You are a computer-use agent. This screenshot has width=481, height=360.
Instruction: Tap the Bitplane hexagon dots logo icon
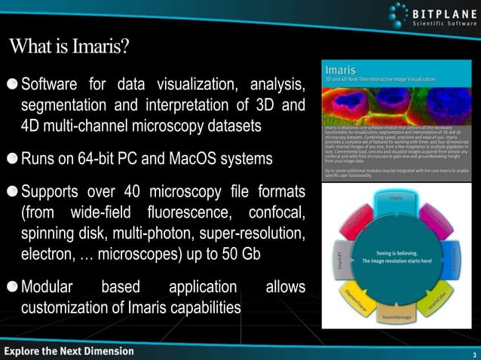[400, 14]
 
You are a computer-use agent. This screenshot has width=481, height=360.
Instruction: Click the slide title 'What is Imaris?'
[69, 47]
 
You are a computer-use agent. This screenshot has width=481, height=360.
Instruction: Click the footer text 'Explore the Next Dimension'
[69, 351]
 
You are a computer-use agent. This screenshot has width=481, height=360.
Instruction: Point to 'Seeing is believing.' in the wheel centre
[397, 253]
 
